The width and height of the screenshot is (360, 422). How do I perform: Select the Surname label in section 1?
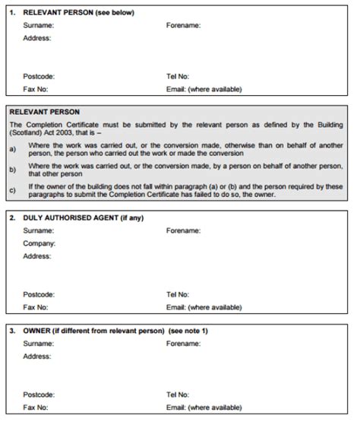point(38,25)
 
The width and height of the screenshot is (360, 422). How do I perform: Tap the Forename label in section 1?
point(183,25)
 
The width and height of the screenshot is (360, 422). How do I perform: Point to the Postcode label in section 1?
point(39,76)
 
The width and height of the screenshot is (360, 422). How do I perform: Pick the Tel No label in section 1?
point(177,76)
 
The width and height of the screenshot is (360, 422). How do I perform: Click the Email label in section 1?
point(204,88)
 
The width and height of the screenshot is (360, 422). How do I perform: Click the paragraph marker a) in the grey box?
point(12,149)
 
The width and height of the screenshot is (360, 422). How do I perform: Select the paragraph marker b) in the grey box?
point(12,170)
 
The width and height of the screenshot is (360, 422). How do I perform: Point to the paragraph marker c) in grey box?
point(12,190)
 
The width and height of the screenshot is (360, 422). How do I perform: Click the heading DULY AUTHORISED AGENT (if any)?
point(84,218)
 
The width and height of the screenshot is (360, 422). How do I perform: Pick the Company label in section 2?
point(39,243)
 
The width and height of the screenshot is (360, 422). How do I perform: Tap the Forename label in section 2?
point(183,230)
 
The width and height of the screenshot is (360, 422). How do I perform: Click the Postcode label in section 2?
point(39,294)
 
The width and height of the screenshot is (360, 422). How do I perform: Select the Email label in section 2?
point(204,307)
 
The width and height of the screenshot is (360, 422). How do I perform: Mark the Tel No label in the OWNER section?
point(177,395)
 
